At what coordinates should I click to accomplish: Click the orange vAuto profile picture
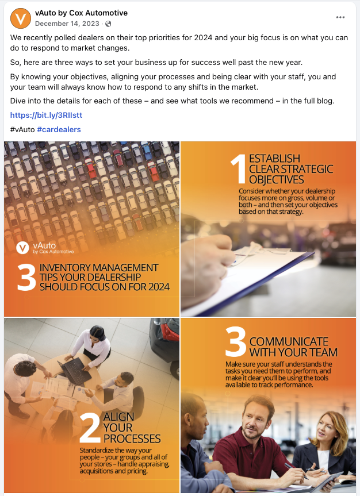[21, 18]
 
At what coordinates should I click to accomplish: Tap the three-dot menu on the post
[340, 17]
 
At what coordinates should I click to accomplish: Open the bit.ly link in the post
[46, 115]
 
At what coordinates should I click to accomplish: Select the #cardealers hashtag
[59, 129]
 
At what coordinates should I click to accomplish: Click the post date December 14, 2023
[67, 24]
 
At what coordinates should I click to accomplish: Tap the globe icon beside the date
[108, 24]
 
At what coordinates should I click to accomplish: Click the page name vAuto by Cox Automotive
[81, 13]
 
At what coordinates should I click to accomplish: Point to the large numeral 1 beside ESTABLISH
[239, 169]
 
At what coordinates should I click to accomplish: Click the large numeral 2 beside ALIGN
[90, 428]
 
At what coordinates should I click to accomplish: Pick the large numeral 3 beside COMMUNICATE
[236, 341]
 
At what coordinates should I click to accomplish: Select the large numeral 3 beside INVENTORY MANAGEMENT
[26, 277]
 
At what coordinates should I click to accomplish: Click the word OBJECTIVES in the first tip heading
[277, 180]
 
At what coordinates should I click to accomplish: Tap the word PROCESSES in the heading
[132, 439]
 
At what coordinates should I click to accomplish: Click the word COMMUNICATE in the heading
[289, 341]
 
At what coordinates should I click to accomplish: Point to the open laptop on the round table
[75, 371]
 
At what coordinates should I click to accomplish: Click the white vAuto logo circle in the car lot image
[22, 248]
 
